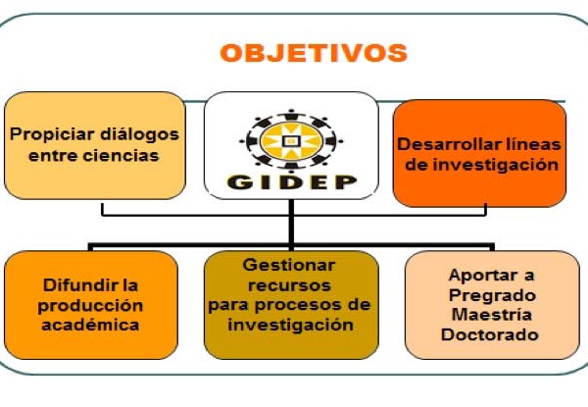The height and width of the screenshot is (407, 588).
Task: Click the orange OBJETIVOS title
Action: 314,53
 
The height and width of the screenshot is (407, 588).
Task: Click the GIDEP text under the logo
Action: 291,182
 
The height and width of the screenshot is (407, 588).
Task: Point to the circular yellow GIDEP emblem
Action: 291,141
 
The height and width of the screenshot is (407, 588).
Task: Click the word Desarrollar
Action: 442,144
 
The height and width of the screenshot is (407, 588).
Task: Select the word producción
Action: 90,306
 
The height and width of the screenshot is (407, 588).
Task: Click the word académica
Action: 90,326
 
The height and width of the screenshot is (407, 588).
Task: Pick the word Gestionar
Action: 289,265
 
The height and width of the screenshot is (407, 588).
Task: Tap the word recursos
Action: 289,285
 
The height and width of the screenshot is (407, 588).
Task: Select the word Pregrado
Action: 492,296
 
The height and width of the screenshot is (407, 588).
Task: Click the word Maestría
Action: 492,315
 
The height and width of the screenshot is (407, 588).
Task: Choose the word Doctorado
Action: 490,334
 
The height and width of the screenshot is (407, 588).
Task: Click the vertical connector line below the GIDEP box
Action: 291,225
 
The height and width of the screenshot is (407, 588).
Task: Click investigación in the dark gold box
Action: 291,326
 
